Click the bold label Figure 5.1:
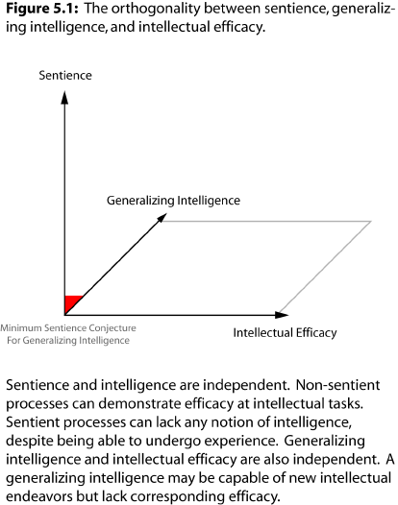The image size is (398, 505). tap(42, 9)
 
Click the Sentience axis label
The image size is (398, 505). tap(65, 75)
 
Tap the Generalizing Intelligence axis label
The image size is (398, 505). tap(173, 201)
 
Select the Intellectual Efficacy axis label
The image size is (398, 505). tap(285, 333)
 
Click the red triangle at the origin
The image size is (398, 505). tap(71, 302)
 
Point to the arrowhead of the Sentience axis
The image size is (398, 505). tap(64, 97)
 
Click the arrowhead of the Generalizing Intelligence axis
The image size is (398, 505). tap(162, 217)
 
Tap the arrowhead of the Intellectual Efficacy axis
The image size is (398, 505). tap(282, 315)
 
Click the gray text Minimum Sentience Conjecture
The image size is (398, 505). tap(68, 328)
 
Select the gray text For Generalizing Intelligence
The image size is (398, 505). tap(68, 341)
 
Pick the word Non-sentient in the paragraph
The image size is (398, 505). tap(338, 385)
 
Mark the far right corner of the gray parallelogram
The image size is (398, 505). tap(371, 221)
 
